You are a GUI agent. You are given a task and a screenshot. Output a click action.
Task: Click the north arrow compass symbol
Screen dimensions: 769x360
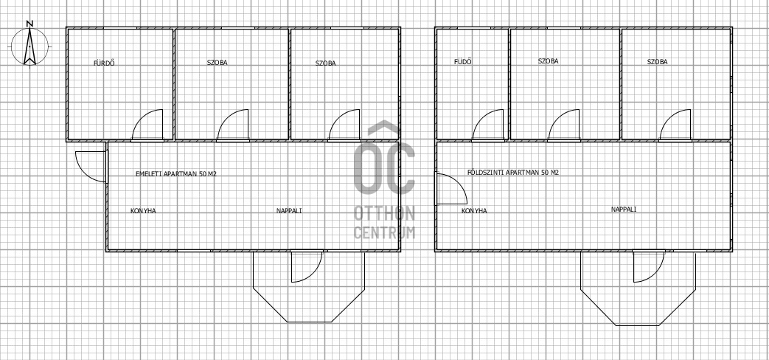pyautogui.click(x=30, y=46)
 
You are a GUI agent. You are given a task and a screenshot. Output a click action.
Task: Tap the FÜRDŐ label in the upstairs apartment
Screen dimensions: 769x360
pyautogui.click(x=104, y=63)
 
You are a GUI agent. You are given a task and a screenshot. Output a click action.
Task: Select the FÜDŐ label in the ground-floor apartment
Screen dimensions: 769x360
pyautogui.click(x=463, y=62)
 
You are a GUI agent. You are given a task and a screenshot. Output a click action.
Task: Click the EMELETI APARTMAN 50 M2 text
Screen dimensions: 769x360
pyautogui.click(x=175, y=173)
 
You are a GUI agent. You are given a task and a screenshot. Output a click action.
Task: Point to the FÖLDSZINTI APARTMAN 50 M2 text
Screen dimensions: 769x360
pyautogui.click(x=512, y=173)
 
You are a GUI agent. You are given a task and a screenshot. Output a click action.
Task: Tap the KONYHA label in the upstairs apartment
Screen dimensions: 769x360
pyautogui.click(x=143, y=211)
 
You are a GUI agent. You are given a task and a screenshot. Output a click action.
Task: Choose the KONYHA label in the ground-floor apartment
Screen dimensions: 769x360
pyautogui.click(x=474, y=211)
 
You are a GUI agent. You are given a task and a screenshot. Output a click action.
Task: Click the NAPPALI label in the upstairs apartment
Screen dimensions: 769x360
pyautogui.click(x=289, y=211)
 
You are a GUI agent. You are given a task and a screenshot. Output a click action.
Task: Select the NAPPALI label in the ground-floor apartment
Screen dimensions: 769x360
pyautogui.click(x=624, y=210)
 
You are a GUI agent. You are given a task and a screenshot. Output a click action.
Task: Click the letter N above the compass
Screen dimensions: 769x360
pyautogui.click(x=30, y=23)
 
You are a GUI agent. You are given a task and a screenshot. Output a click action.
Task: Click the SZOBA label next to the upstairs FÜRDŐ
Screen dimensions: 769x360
pyautogui.click(x=218, y=63)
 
